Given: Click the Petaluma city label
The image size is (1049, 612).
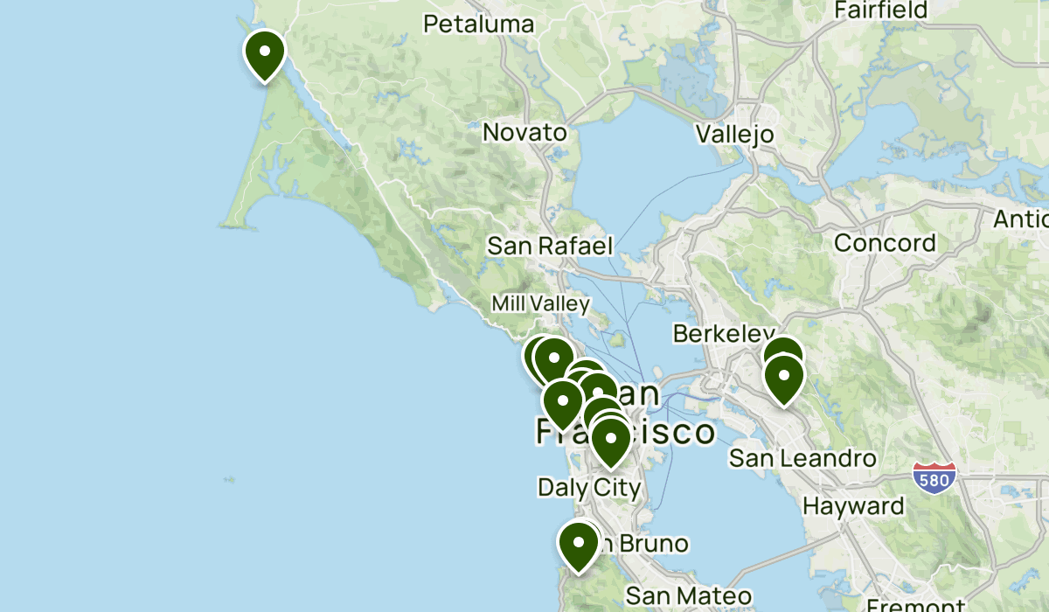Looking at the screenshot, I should (478, 23).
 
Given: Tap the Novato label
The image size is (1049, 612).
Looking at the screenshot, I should (524, 133).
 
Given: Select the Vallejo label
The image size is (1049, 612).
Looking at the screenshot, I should (735, 134).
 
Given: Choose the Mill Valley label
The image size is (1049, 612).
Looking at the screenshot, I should (540, 303).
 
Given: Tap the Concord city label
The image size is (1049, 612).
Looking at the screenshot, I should (885, 242).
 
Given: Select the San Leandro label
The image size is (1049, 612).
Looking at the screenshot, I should (802, 457).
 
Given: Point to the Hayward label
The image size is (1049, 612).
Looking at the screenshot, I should (853, 506).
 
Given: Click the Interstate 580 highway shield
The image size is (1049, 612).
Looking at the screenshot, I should (934, 477).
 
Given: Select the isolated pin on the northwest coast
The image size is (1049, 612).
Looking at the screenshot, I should (264, 52).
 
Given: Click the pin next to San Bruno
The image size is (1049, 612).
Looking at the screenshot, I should (578, 544).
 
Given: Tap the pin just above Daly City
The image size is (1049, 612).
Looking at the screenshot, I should (610, 440).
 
